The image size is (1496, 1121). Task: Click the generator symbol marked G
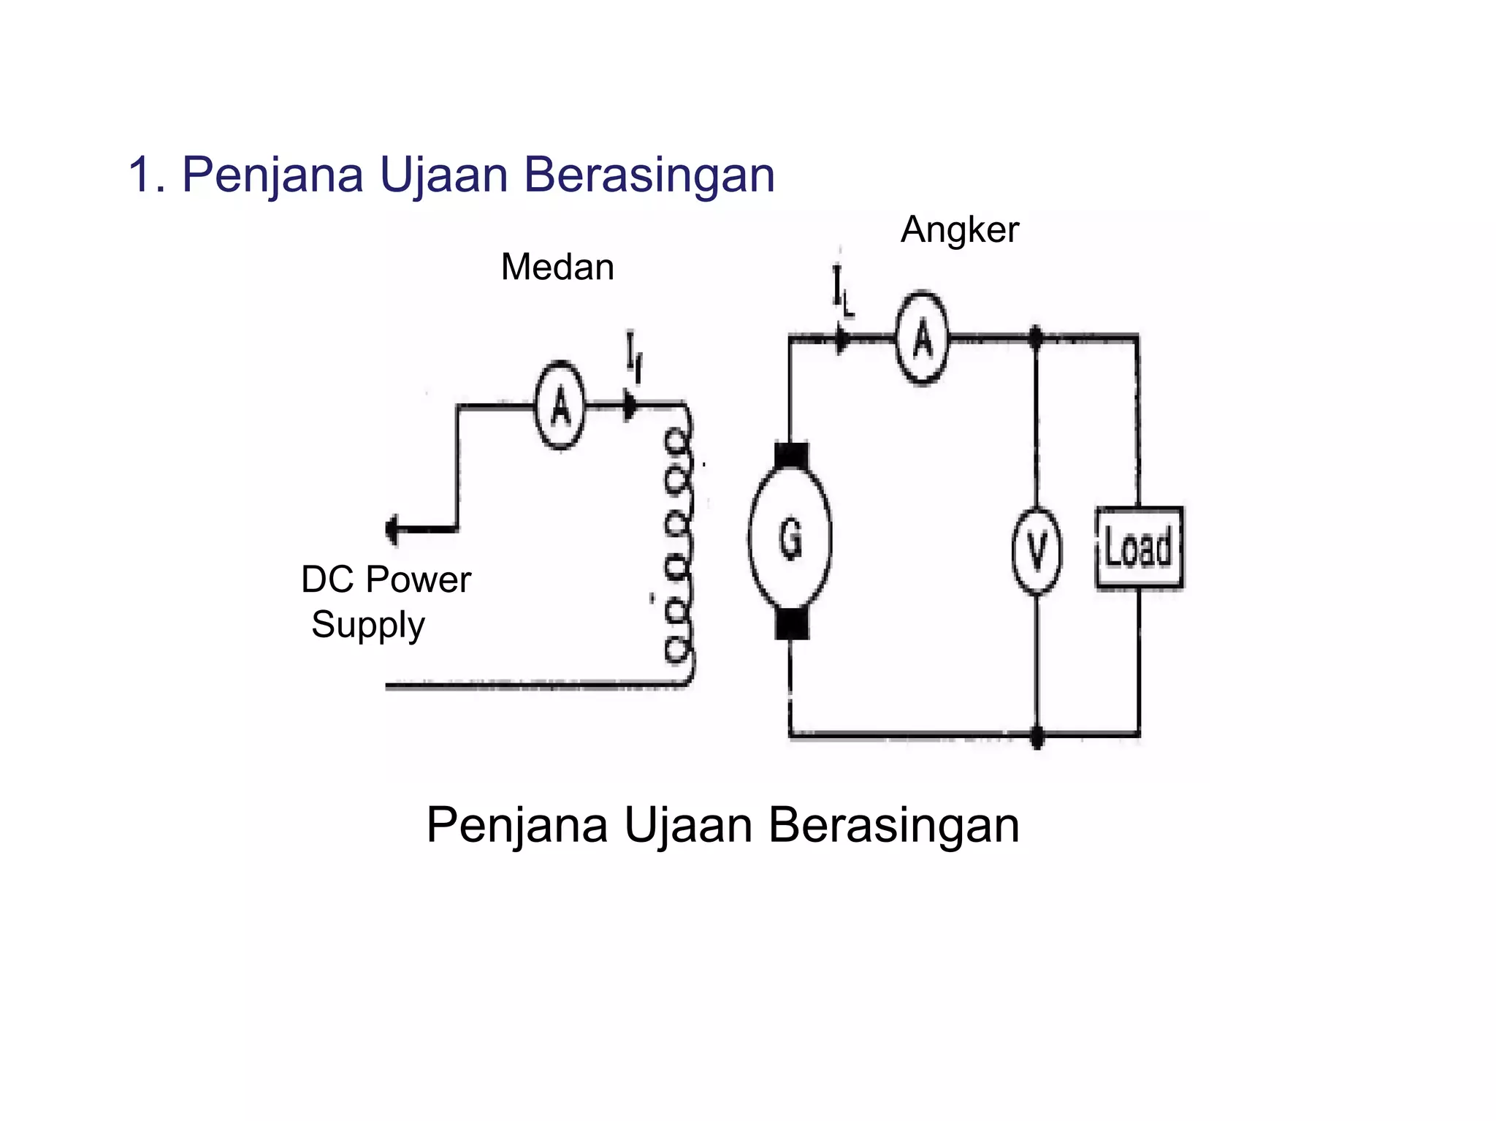790,539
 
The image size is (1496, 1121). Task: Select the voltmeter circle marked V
1036,550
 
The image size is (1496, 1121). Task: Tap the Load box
1138,547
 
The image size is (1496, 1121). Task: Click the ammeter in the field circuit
560,405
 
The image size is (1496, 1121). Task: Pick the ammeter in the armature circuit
922,338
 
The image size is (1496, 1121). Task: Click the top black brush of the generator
790,455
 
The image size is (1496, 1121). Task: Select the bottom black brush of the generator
791,623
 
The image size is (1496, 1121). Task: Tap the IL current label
842,292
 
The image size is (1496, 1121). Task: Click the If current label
633,357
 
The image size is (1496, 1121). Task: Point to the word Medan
557,267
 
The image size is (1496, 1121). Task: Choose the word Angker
959,230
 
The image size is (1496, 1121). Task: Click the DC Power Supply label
385,601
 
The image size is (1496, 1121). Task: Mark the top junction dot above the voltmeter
1035,338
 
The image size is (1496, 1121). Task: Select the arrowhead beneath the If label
629,406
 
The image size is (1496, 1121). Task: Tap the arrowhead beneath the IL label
842,339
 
